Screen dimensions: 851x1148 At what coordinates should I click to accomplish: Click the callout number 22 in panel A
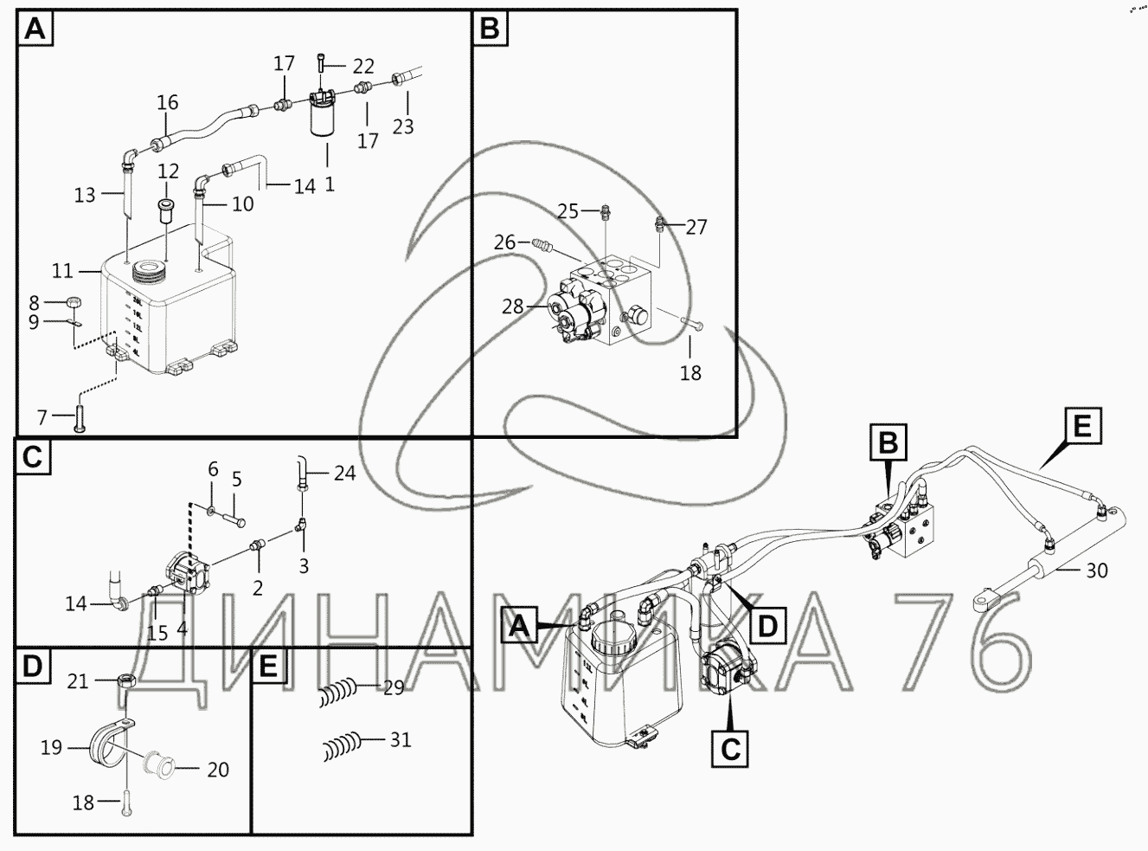tap(363, 67)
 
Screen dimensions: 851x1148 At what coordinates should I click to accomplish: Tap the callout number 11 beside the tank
tap(61, 271)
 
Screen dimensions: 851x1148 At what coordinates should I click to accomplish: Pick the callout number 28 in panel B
tap(512, 307)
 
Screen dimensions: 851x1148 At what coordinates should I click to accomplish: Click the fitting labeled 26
tap(541, 246)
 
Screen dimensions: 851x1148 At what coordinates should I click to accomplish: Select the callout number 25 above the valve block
tap(568, 210)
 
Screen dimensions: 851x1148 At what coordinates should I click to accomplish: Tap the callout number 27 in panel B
tap(696, 227)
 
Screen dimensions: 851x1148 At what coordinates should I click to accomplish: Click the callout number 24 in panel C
tap(344, 474)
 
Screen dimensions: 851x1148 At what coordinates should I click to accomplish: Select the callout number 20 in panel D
tap(218, 769)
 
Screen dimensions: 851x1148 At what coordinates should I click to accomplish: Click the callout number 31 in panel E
tap(400, 740)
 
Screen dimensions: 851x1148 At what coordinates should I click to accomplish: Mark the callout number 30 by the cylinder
tap(1096, 571)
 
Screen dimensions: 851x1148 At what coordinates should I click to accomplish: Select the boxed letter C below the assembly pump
tap(730, 749)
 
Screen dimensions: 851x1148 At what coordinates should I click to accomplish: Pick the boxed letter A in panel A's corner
tap(35, 29)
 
